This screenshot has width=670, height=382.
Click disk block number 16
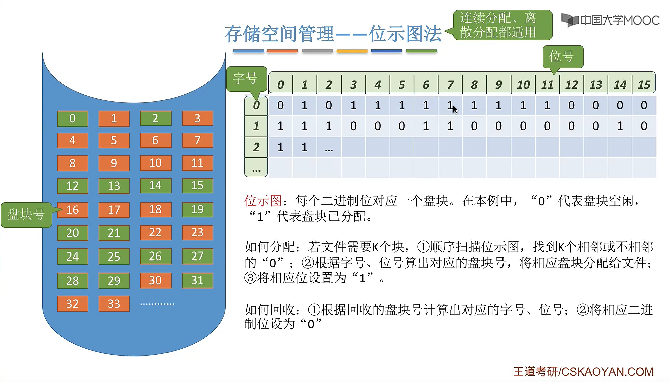73,210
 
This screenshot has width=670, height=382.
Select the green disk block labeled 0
73,119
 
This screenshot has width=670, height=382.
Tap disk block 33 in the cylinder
114,304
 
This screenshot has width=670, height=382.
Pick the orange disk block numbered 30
155,280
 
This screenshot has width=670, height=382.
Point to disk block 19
197,210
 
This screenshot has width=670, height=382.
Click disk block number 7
197,140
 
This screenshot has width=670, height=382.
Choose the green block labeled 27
197,257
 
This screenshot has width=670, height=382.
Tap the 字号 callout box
245,78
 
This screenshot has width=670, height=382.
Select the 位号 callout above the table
561,56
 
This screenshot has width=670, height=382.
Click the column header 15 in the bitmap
644,85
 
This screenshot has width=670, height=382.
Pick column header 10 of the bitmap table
523,85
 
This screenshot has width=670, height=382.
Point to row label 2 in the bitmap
256,147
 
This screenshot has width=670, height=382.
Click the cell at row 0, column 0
280,106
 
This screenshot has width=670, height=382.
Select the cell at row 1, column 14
620,126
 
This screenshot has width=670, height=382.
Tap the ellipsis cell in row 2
329,147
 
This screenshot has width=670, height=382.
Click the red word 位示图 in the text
259,201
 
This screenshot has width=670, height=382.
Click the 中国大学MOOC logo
610,20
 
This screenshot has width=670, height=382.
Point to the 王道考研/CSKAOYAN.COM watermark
583,372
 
